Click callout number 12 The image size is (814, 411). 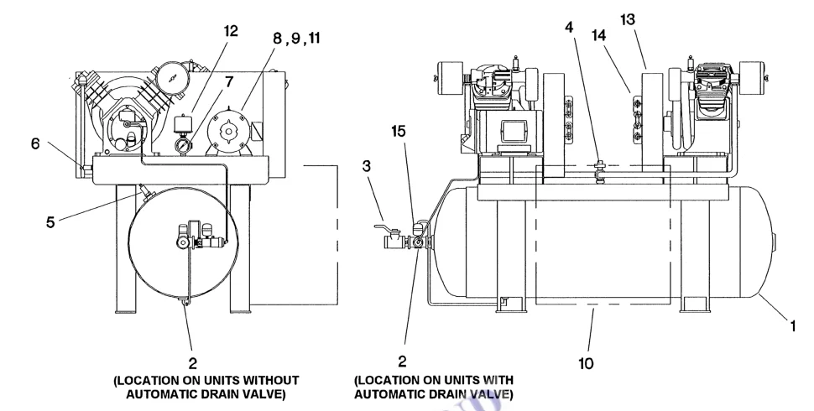pos(231,32)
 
